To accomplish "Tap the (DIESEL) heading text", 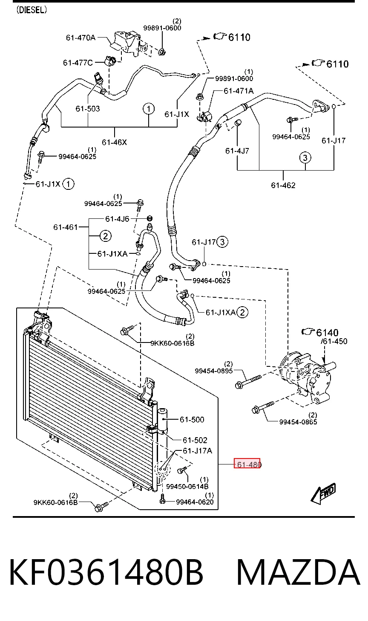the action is pyautogui.click(x=32, y=10).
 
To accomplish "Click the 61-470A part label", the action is pyautogui.click(x=80, y=38).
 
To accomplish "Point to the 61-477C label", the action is pyautogui.click(x=78, y=63).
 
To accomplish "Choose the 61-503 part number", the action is pyautogui.click(x=87, y=108).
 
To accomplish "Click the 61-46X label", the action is pyautogui.click(x=114, y=142).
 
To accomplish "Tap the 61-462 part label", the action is pyautogui.click(x=283, y=185).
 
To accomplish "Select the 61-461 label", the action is pyautogui.click(x=65, y=227).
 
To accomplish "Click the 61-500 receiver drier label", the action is pyautogui.click(x=192, y=419).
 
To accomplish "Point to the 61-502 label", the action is pyautogui.click(x=195, y=440).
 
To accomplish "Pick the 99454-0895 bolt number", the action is pyautogui.click(x=213, y=371).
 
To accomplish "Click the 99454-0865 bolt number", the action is pyautogui.click(x=298, y=422).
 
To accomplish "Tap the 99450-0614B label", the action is pyautogui.click(x=187, y=486).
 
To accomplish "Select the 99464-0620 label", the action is pyautogui.click(x=195, y=502).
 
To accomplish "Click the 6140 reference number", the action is pyautogui.click(x=327, y=332).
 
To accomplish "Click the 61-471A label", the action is pyautogui.click(x=239, y=91).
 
